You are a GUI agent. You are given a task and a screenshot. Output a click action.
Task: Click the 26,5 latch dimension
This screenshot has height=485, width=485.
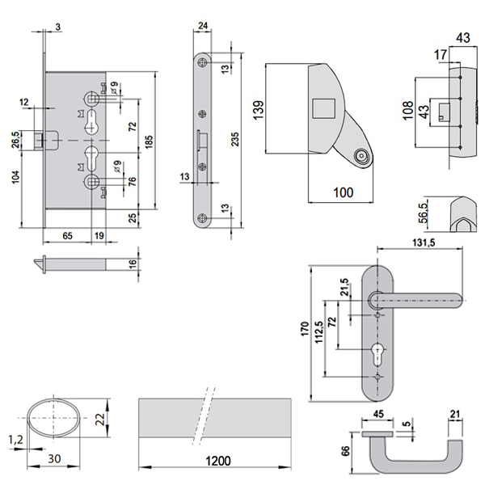click(16, 139)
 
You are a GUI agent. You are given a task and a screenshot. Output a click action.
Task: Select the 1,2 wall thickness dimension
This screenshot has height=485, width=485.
click(15, 440)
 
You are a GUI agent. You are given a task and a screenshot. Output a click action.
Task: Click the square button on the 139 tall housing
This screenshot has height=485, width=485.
click(323, 106)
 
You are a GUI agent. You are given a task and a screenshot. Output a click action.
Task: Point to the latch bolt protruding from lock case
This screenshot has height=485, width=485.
click(41, 140)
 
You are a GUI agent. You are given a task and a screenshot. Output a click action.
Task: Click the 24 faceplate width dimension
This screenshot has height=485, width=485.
click(202, 27)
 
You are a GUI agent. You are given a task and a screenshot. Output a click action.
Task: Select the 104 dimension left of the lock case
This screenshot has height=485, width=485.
click(16, 179)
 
